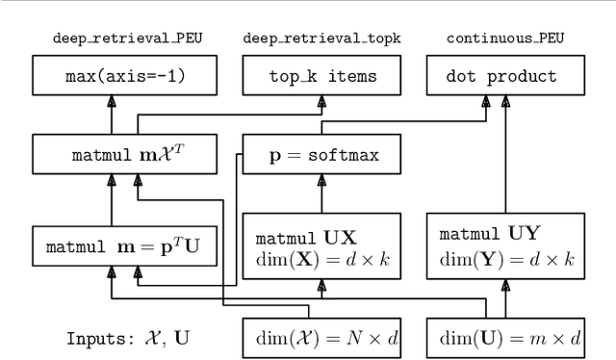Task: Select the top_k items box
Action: point(322,77)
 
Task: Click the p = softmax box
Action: point(322,153)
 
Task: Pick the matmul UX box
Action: point(322,245)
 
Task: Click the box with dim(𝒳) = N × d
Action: point(322,338)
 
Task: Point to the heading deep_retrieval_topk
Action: point(322,39)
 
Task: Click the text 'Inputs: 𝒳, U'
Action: point(127,339)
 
